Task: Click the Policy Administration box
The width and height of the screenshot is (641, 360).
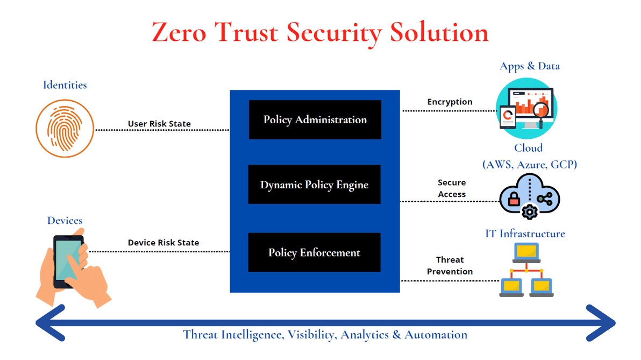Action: pyautogui.click(x=315, y=119)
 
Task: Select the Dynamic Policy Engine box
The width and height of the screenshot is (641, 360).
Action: pyautogui.click(x=314, y=185)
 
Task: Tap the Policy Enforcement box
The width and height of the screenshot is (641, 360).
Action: pyautogui.click(x=314, y=252)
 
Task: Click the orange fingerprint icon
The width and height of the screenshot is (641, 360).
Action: pyautogui.click(x=65, y=129)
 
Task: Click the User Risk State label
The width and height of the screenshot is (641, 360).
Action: pyautogui.click(x=159, y=124)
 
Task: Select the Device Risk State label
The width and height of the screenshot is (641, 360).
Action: pyautogui.click(x=163, y=243)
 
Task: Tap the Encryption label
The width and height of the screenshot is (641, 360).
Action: pyautogui.click(x=450, y=102)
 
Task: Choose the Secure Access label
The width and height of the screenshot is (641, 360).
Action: pyautogui.click(x=452, y=188)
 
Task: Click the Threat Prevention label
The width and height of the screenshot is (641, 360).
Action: pyautogui.click(x=450, y=266)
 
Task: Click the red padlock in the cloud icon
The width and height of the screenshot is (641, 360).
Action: pyautogui.click(x=514, y=200)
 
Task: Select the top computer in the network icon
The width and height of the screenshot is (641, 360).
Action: pyautogui.click(x=526, y=251)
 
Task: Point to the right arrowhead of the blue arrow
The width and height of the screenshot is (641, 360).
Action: pyautogui.click(x=601, y=323)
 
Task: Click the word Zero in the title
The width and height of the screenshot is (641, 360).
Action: pyautogui.click(x=180, y=32)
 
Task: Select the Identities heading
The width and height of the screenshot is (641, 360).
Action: pyautogui.click(x=65, y=85)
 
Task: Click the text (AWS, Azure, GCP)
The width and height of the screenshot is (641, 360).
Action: pyautogui.click(x=529, y=164)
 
